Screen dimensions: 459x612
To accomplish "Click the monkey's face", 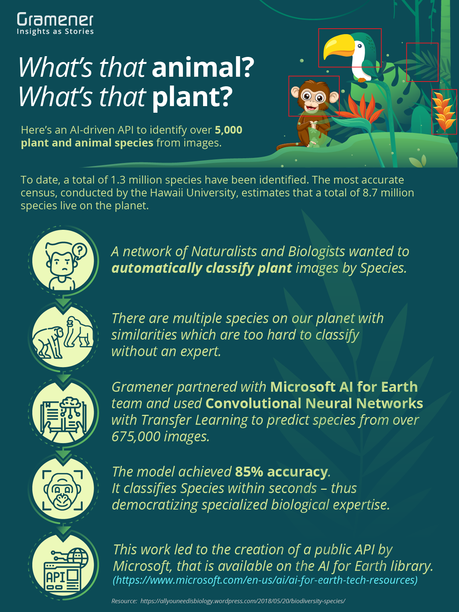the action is point(314,98).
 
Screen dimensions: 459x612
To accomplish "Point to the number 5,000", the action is point(229,130).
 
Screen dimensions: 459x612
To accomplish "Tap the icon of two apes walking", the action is point(63,337).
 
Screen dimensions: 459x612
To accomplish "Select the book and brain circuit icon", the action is point(63,413).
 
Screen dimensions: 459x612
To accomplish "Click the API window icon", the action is point(63,565).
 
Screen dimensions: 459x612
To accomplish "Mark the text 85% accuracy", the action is point(282,472).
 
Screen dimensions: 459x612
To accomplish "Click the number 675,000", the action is point(135,436).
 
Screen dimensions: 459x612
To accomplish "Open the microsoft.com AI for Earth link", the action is point(265,580).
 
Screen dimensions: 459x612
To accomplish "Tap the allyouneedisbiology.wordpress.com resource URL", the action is point(243,601).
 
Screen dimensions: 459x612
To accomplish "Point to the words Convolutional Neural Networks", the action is point(314,403).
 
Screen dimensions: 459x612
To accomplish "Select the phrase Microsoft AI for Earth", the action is point(344,387).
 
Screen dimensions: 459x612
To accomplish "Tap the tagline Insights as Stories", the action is point(55,32).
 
